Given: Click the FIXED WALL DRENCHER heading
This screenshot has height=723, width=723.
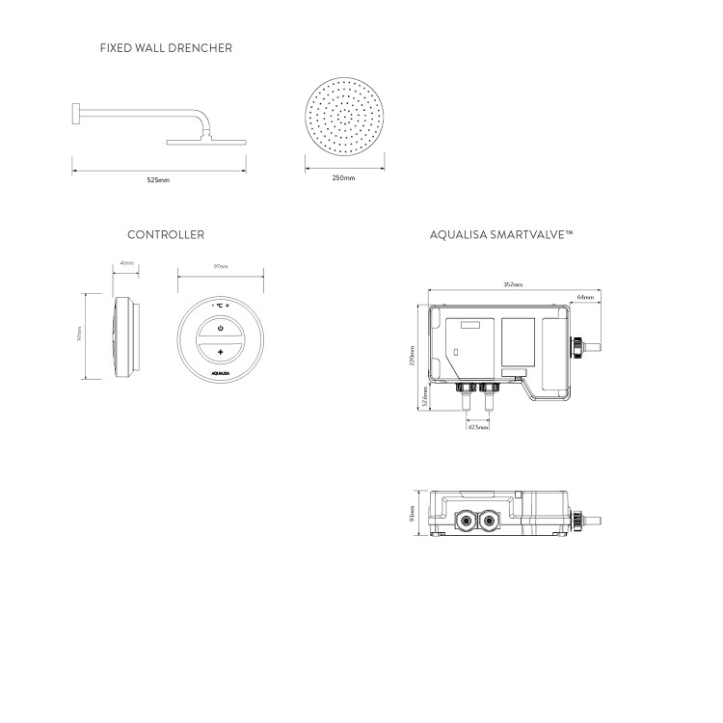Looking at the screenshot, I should (166, 47).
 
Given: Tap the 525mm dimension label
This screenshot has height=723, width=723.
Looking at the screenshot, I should (160, 178).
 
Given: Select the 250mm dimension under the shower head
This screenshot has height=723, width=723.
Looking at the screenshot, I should (342, 178).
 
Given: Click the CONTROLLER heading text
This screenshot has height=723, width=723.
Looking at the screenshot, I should (166, 234).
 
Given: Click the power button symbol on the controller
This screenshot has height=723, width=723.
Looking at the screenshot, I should (221, 329).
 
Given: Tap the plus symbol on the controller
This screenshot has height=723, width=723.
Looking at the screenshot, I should (221, 354).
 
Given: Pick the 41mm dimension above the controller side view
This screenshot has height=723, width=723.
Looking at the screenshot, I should (126, 263).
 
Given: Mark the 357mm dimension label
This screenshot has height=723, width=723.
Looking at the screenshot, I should (513, 285).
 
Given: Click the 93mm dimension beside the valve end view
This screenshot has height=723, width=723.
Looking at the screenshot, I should (412, 512).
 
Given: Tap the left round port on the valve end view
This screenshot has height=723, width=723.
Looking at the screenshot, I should (466, 522).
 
